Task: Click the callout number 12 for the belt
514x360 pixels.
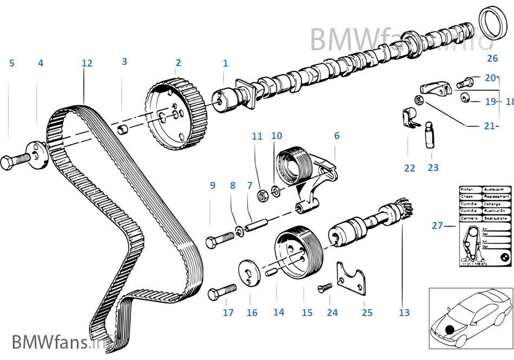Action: point(87,63)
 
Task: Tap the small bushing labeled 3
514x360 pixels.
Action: point(123,130)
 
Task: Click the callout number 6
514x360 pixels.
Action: point(337,136)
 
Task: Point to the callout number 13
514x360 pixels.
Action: point(404,312)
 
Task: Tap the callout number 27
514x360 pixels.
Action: point(437,226)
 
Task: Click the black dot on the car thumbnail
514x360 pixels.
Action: point(449,329)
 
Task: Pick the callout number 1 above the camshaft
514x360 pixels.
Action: point(225,63)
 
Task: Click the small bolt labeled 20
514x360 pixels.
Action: point(464,83)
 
